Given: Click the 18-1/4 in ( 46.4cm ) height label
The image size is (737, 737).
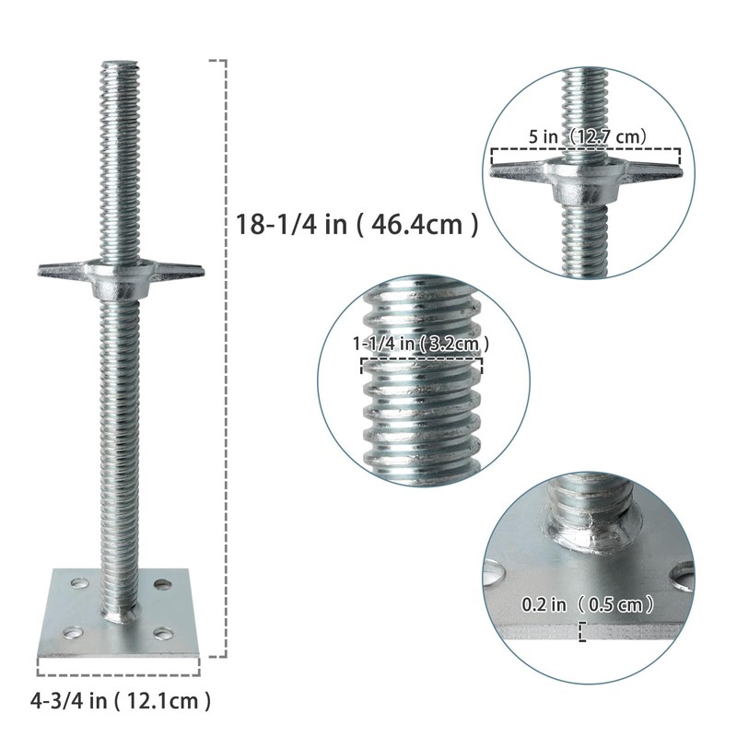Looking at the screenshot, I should (357, 224).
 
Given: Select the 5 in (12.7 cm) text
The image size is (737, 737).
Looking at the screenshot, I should (587, 136).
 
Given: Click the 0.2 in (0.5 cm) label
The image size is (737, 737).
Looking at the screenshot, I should (588, 605).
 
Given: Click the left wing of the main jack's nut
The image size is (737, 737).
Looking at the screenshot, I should (59, 271).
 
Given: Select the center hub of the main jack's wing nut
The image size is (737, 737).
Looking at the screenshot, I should (120, 276).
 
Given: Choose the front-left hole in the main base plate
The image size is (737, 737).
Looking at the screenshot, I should (72, 632).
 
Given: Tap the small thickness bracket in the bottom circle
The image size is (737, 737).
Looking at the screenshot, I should (582, 631).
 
